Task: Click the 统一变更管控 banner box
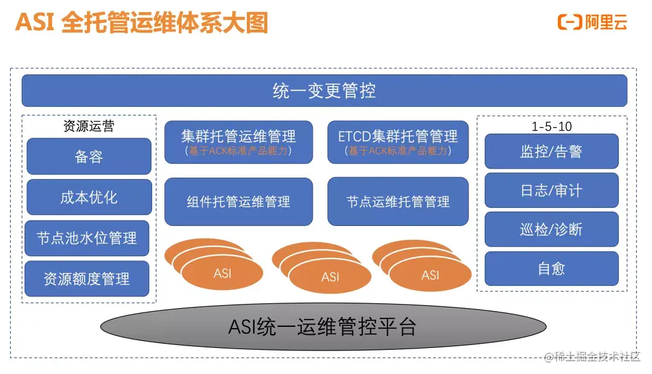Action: (x=324, y=91)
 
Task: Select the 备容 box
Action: (x=89, y=156)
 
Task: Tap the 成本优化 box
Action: (x=89, y=197)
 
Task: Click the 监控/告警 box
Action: (x=551, y=151)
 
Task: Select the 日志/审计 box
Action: (x=551, y=190)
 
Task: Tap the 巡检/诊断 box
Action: (x=551, y=230)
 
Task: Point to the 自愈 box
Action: (x=551, y=269)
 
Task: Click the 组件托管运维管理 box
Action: (x=238, y=201)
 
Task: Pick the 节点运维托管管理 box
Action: (x=398, y=201)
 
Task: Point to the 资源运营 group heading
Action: (x=89, y=126)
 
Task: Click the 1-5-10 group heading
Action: (x=551, y=126)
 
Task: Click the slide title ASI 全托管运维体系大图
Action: (x=141, y=23)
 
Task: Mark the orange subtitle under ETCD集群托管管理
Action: (x=398, y=151)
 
